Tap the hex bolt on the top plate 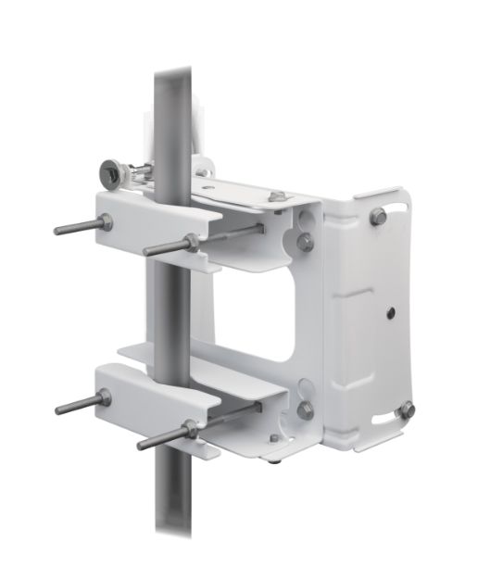(277, 197)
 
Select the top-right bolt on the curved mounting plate (378, 216)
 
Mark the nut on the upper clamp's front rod (192, 242)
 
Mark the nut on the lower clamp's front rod (191, 428)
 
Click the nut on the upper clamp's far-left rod (107, 221)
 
